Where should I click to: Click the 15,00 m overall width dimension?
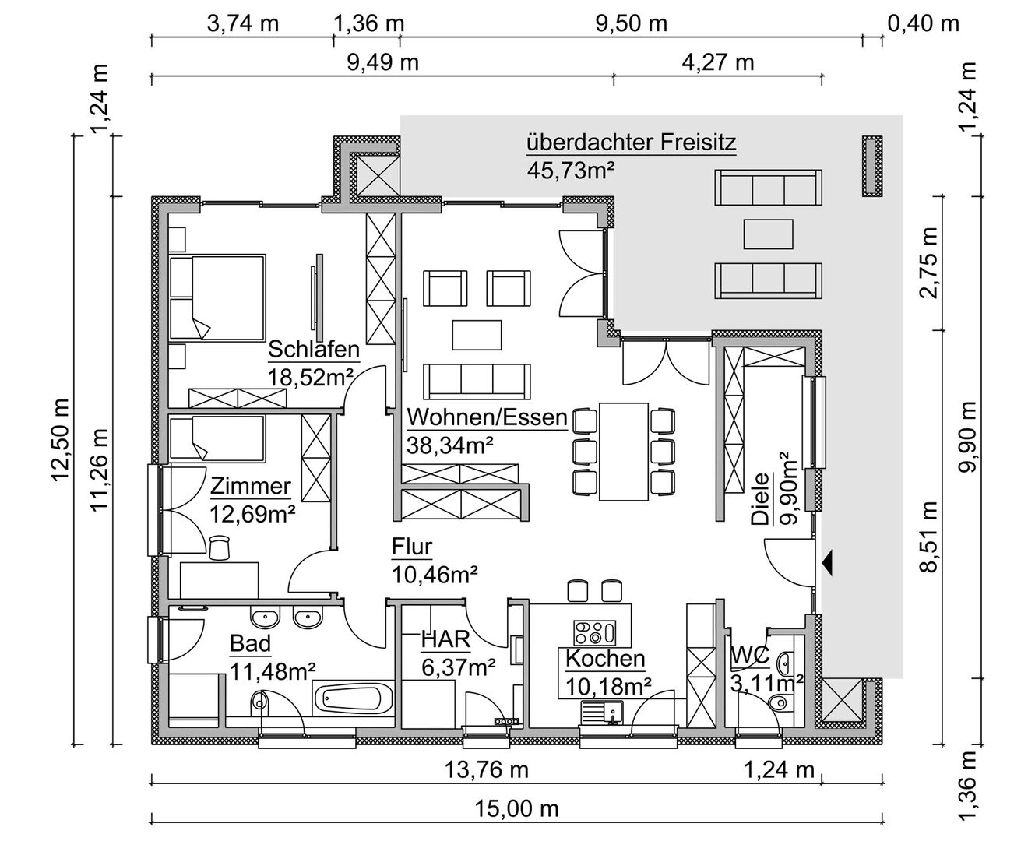[516, 809]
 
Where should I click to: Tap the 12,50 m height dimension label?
[61, 440]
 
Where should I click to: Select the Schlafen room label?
[314, 350]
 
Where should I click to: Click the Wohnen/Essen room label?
[487, 417]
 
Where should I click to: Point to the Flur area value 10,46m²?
[435, 575]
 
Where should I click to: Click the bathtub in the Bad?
[354, 699]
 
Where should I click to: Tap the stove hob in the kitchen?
[595, 633]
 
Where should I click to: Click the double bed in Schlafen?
[217, 297]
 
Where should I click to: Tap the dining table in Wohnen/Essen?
[624, 452]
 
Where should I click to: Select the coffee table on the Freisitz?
[768, 234]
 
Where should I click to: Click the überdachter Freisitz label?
[632, 143]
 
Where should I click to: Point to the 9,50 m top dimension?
[632, 23]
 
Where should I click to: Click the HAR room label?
[445, 640]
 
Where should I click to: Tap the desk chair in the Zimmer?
[219, 547]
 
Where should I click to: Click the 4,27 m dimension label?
[718, 62]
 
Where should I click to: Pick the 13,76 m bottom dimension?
[487, 770]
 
